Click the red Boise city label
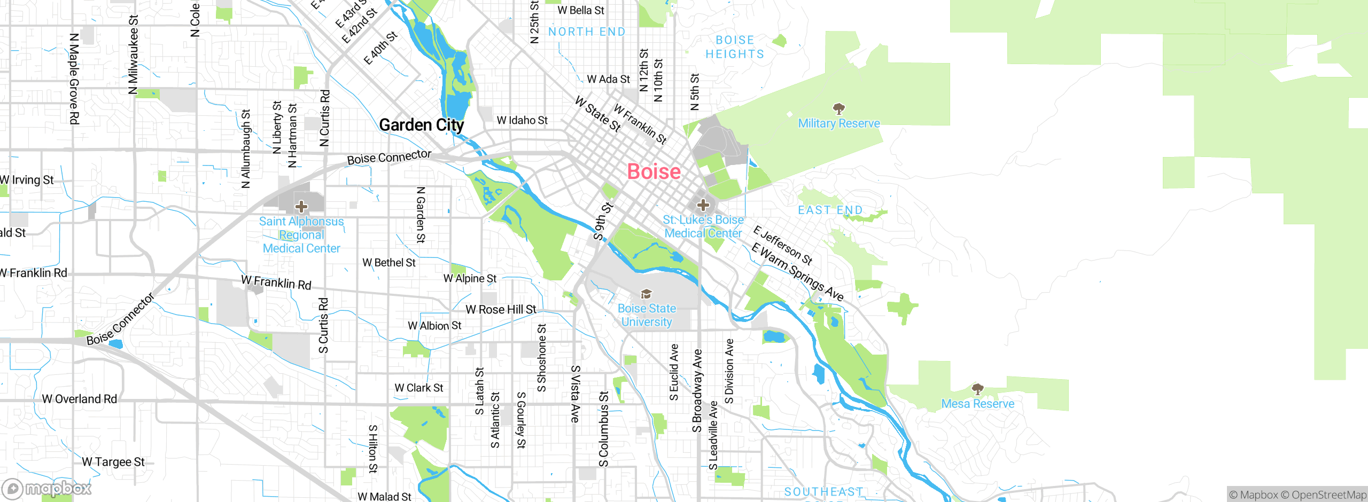654,171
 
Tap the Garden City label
421,125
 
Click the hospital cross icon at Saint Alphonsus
301,206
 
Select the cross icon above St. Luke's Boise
703,205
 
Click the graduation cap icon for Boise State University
646,294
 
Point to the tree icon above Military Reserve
839,109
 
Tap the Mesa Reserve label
977,404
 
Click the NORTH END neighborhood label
587,32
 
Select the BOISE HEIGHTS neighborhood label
735,47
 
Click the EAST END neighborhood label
830,210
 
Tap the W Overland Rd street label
79,399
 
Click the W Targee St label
113,462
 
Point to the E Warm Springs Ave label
797,272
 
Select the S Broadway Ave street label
697,391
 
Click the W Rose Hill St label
501,310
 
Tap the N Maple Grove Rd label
74,79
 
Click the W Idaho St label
522,121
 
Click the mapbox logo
47,489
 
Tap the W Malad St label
384,497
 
